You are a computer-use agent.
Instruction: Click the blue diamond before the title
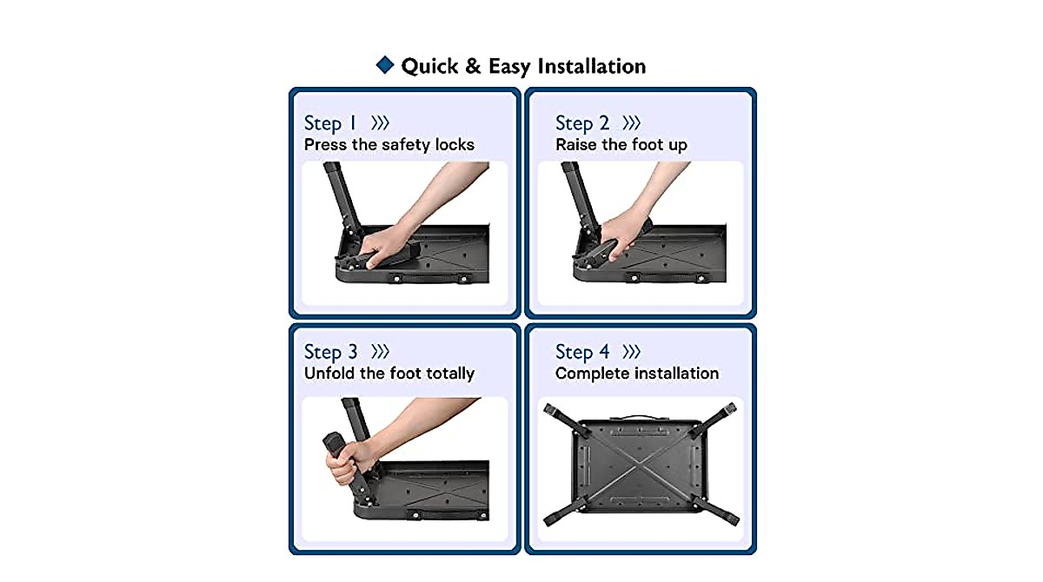tap(384, 65)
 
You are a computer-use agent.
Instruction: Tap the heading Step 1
tap(330, 122)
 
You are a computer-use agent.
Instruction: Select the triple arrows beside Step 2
tap(632, 122)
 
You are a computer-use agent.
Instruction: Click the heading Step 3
tap(330, 352)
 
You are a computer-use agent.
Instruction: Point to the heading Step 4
tap(582, 352)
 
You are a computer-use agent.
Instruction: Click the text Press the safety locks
tap(389, 144)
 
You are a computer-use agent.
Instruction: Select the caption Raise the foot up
tap(621, 144)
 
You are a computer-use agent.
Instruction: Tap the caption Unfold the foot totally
tap(389, 374)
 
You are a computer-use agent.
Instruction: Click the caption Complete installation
tap(637, 374)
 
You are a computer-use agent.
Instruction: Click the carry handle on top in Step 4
tap(639, 417)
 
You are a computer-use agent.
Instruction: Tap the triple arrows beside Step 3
tap(380, 352)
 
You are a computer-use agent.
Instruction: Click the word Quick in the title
tap(429, 66)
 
